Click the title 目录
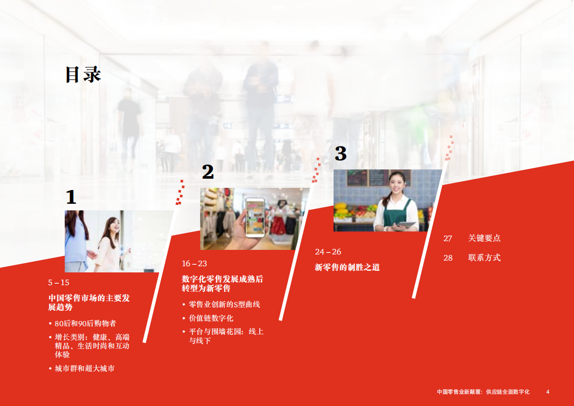coord(83,75)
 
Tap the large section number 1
coord(71,197)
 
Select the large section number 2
coord(207,172)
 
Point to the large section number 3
coord(341,153)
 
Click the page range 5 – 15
coord(58,283)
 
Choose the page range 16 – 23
coord(194,264)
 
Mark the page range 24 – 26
coord(328,252)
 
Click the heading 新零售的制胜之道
coord(347,267)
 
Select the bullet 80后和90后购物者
coord(85,324)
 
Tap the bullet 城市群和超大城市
coord(84,368)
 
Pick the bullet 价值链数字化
coord(211,318)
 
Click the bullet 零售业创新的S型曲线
coord(224,304)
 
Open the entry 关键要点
coord(484,238)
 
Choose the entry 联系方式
coord(484,258)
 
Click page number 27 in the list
coord(448,238)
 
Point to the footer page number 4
coord(548,392)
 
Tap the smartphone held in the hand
coord(255,217)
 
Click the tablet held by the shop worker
coord(407,224)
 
